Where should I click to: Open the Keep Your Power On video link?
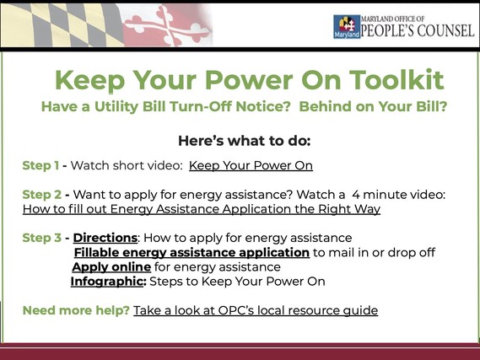251,165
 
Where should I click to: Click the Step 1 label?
40,165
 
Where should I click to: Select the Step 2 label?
41,195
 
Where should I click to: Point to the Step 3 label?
41,238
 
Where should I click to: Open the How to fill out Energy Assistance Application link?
202,209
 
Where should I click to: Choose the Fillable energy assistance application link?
191,252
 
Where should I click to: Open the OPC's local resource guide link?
256,310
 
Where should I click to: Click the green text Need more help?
76,310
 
